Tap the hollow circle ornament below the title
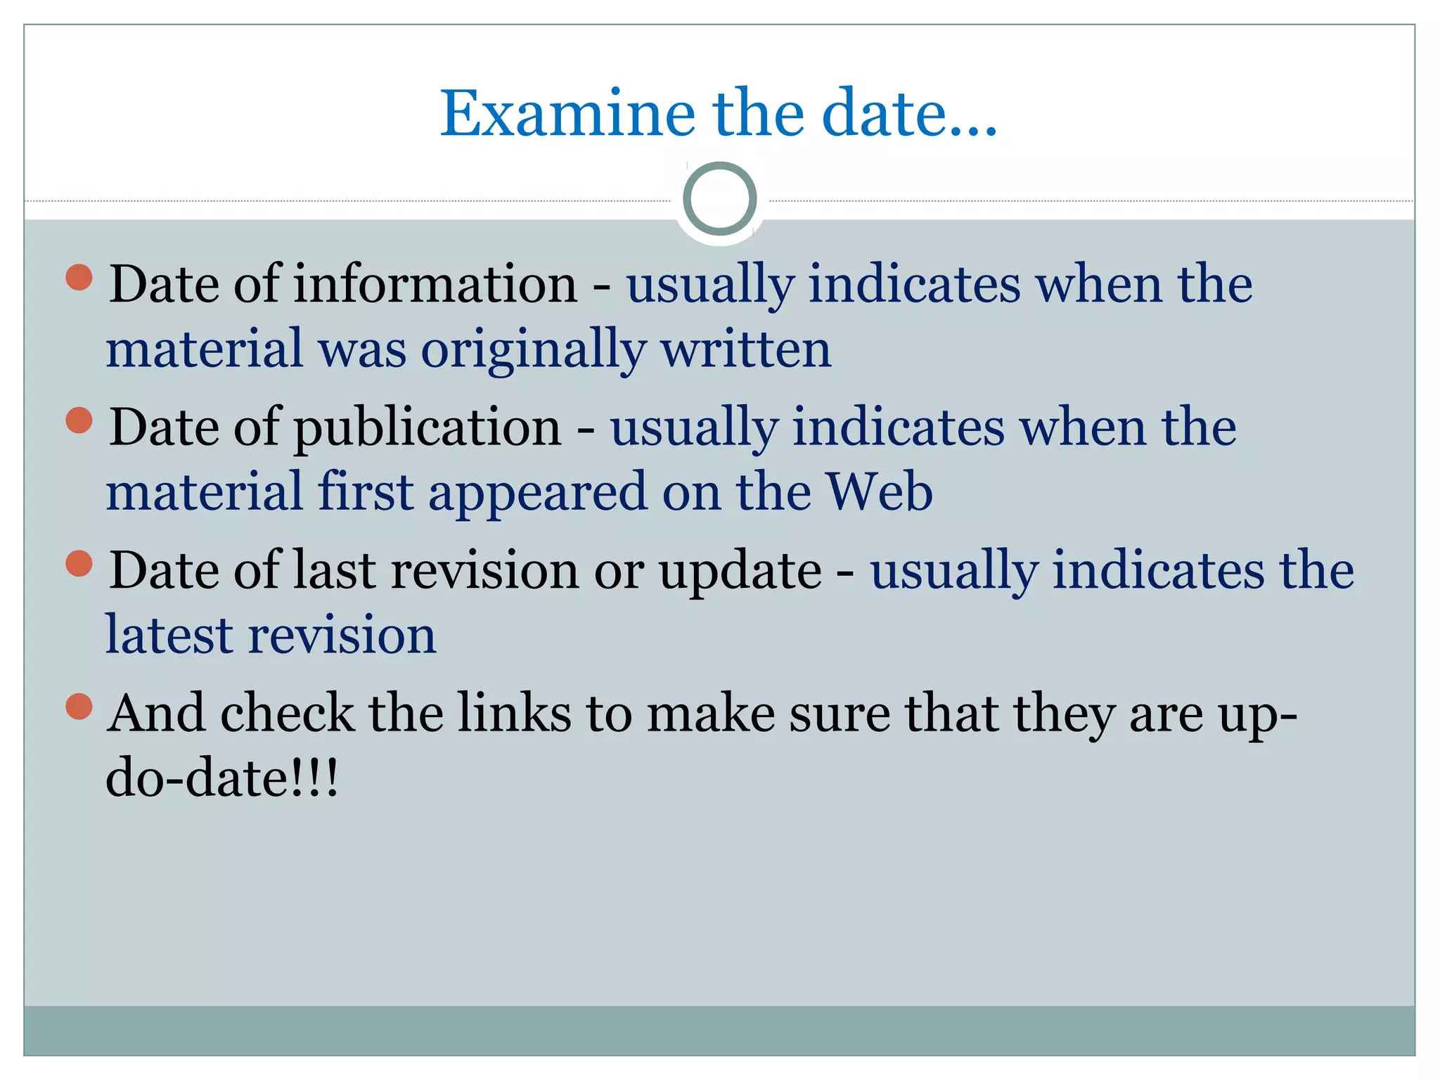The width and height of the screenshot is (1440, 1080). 719,198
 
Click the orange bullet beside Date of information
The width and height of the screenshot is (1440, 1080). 79,277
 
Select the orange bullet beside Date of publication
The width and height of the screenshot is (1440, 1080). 79,420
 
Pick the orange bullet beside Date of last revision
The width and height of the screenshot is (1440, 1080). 79,563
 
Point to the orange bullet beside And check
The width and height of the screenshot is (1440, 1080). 79,707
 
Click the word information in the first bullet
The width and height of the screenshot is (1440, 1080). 435,284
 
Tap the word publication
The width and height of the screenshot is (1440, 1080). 427,427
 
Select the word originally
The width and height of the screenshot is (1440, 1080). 534,349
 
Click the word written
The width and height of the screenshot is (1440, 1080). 746,349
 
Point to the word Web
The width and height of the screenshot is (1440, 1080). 880,491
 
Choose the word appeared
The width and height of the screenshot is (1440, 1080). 537,493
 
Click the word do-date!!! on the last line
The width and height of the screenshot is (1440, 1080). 222,778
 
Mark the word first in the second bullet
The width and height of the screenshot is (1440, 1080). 365,491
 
